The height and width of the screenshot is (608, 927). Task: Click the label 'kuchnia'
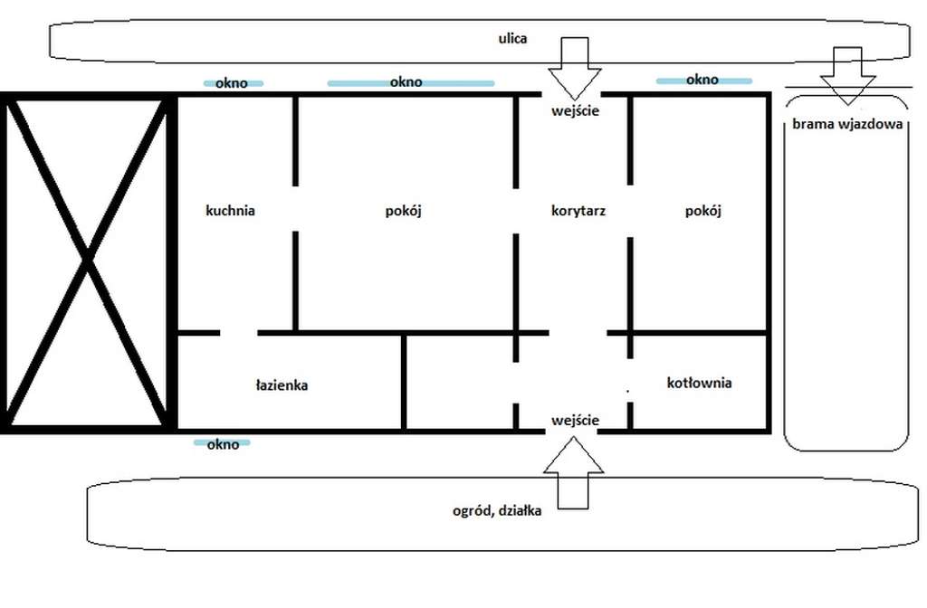pyautogui.click(x=230, y=211)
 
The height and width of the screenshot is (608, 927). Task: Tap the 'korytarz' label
pyautogui.click(x=578, y=211)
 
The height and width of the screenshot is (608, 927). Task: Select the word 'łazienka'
pyautogui.click(x=282, y=385)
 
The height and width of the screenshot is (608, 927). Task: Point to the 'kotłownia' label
pyautogui.click(x=700, y=383)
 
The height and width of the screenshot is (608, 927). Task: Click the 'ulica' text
pyautogui.click(x=512, y=38)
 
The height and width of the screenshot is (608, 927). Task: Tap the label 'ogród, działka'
pyautogui.click(x=497, y=510)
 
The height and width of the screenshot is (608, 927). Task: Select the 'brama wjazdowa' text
pyautogui.click(x=847, y=124)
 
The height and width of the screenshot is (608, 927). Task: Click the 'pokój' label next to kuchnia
pyautogui.click(x=403, y=211)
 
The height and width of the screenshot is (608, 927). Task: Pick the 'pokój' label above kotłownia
pyautogui.click(x=702, y=211)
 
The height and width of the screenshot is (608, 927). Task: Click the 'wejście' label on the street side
pyautogui.click(x=575, y=111)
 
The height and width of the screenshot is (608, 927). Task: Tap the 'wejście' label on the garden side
pyautogui.click(x=575, y=421)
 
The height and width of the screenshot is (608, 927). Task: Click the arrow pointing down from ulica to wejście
pyautogui.click(x=575, y=68)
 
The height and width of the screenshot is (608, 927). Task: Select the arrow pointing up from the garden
pyautogui.click(x=573, y=472)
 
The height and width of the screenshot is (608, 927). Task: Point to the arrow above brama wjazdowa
pyautogui.click(x=847, y=76)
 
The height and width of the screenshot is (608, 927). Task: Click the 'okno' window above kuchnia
pyautogui.click(x=233, y=83)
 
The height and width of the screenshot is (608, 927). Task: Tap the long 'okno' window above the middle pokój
pyautogui.click(x=411, y=82)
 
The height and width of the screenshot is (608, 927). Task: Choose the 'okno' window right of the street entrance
pyautogui.click(x=704, y=81)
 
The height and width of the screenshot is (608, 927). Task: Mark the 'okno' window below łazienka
pyautogui.click(x=222, y=443)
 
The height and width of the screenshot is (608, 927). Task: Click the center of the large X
pyautogui.click(x=88, y=259)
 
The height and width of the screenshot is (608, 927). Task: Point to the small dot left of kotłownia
pyautogui.click(x=628, y=391)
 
